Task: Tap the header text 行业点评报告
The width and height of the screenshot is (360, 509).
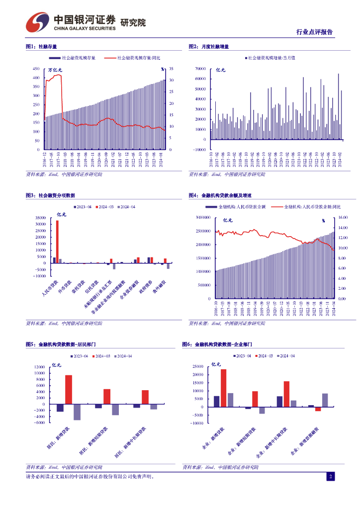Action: [314, 32]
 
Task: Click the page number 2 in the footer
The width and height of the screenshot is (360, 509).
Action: [330, 477]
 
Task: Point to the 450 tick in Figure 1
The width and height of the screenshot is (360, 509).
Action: [36, 69]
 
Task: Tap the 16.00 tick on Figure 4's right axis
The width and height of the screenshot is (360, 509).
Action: [343, 218]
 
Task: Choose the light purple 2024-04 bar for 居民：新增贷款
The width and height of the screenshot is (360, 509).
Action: [77, 412]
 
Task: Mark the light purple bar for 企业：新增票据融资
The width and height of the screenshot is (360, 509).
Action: [325, 400]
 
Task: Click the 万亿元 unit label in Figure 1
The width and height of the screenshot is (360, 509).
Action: [55, 71]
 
